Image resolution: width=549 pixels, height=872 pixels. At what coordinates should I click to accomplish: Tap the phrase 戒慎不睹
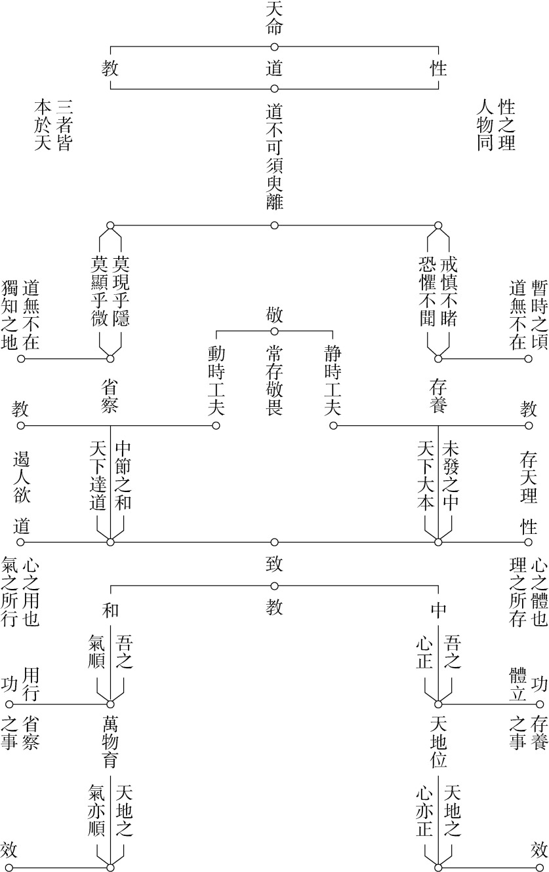pos(449,292)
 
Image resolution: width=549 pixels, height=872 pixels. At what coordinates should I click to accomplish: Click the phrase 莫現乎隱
pos(121,292)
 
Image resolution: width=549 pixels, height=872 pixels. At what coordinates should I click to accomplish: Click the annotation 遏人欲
pos(21,478)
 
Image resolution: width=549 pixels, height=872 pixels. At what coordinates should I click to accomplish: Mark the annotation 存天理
pos(528,478)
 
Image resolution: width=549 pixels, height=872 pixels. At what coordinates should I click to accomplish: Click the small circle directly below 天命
pos(274,47)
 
